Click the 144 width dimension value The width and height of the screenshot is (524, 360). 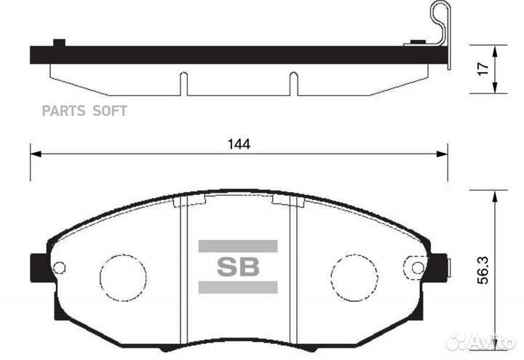pyautogui.click(x=238, y=145)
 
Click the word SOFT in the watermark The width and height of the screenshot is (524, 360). pyautogui.click(x=109, y=111)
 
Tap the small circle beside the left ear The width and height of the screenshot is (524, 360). pyautogui.click(x=60, y=268)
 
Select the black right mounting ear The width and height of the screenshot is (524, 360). pyautogui.click(x=437, y=267)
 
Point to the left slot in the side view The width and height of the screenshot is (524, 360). pyautogui.click(x=184, y=84)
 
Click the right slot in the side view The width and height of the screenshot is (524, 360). pyautogui.click(x=293, y=84)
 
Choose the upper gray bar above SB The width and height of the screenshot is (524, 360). pyautogui.click(x=238, y=247)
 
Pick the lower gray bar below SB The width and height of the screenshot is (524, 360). pyautogui.click(x=238, y=287)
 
